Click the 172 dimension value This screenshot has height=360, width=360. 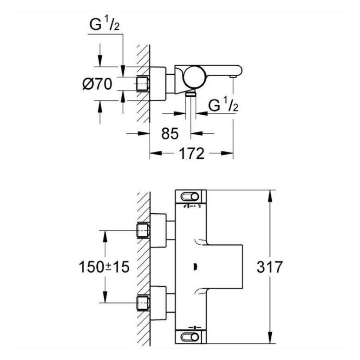point(191,153)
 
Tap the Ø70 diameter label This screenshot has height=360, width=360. point(97,84)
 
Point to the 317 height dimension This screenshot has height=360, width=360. point(270,267)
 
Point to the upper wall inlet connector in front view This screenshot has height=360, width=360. point(143,230)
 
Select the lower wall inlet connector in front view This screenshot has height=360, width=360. point(143,302)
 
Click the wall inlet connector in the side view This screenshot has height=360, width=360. point(143,83)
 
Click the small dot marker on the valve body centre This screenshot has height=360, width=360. point(194,267)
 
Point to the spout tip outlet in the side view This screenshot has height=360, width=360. point(233,77)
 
